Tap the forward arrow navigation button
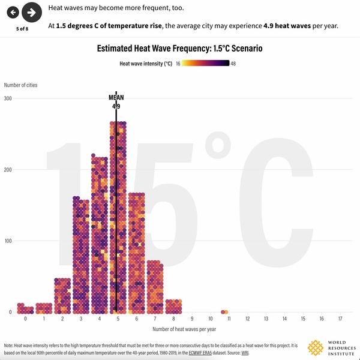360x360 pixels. click(31, 12)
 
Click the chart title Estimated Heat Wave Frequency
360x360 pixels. click(179, 49)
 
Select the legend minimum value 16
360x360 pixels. click(178, 63)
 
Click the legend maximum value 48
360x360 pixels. click(233, 63)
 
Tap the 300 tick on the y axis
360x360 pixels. click(8, 98)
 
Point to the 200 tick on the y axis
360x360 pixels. click(8, 169)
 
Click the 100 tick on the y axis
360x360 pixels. click(8, 241)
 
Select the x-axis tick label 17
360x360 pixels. click(340, 318)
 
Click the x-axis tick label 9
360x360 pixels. click(192, 318)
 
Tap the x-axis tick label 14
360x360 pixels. click(284, 318)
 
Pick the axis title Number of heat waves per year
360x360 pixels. click(184, 329)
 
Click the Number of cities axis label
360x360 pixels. click(20, 85)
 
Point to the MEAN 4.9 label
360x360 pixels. click(115, 101)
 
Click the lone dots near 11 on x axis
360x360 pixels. click(224, 311)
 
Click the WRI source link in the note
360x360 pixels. click(245, 353)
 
